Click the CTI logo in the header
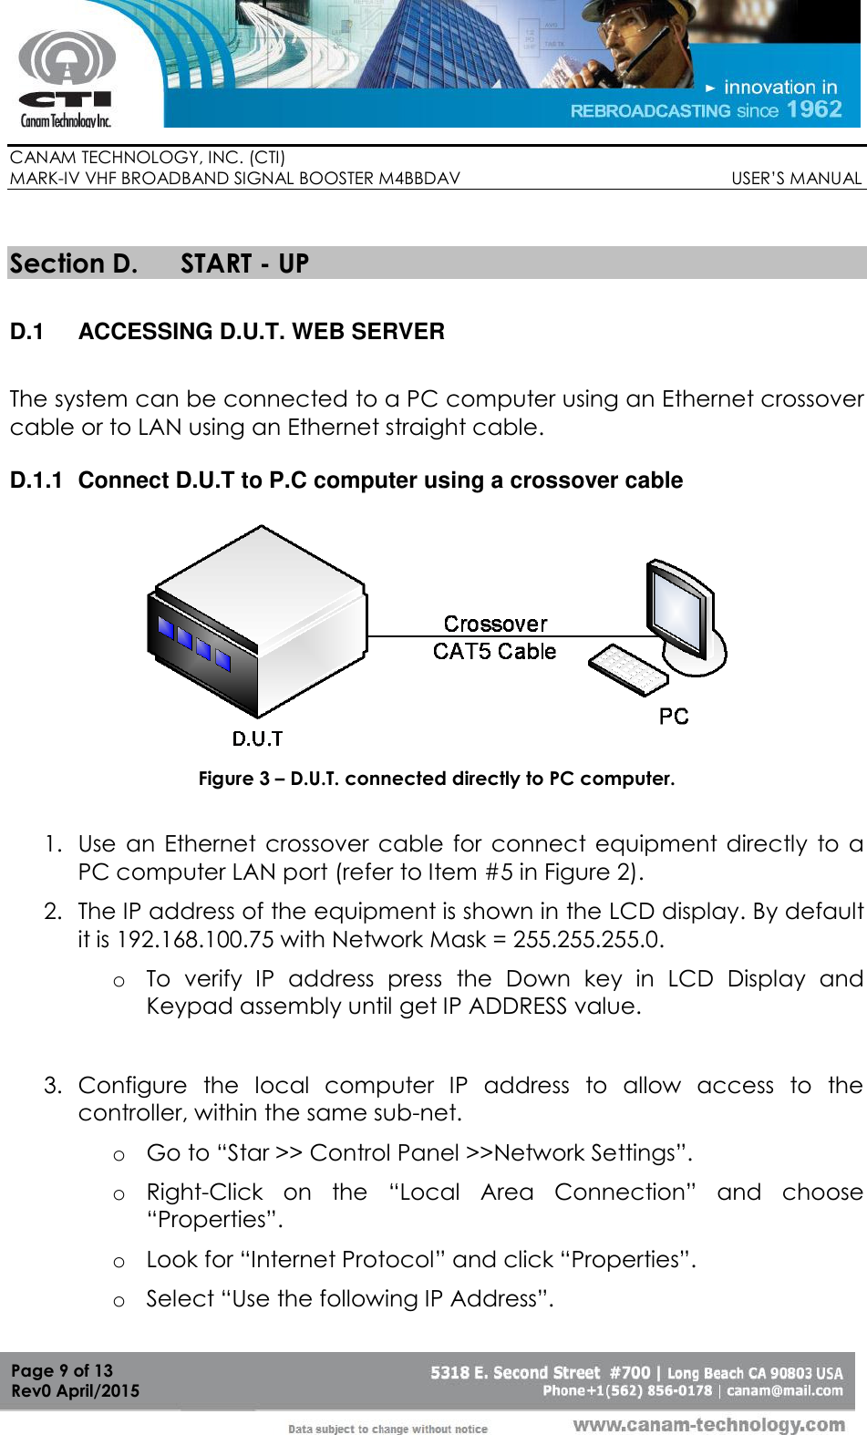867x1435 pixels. pos(66,78)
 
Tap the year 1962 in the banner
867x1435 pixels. pos(814,109)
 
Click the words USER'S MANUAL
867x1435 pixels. pos(796,179)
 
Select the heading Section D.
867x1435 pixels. pos(73,264)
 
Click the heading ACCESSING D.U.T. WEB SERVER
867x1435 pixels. pos(262,332)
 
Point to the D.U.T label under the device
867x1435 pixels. pos(257,738)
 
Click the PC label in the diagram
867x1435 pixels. pos(674,717)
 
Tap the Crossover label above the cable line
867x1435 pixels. pos(495,625)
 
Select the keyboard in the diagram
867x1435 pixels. pos(628,670)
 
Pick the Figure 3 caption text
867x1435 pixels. pos(437,779)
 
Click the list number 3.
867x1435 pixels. pos(53,1086)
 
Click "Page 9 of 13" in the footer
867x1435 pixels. pos(62,1370)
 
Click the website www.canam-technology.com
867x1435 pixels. pos(708,1425)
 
